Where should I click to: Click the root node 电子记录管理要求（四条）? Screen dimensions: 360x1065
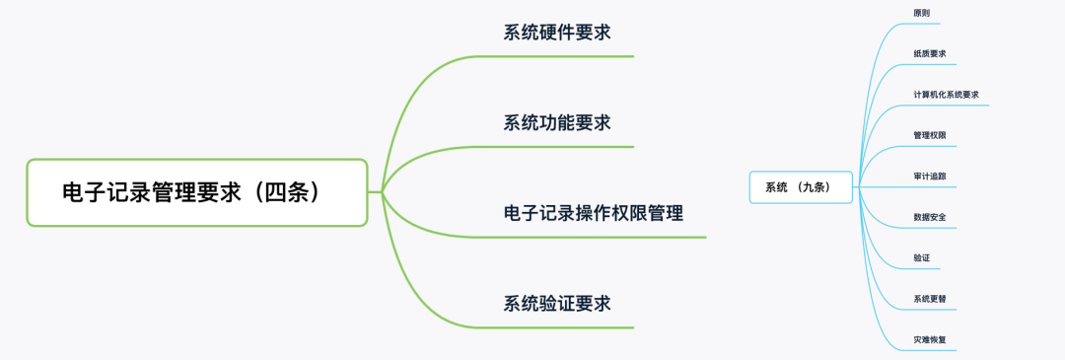[197, 192]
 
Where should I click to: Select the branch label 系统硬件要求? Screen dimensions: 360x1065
[556, 33]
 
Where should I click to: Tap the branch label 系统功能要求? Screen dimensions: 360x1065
[556, 123]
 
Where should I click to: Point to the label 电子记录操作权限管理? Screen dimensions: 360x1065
[593, 213]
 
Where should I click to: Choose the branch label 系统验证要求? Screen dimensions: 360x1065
[556, 303]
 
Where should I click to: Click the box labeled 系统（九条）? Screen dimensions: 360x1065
[801, 187]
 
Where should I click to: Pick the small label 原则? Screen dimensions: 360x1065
[922, 14]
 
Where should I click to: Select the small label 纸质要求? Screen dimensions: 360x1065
[930, 54]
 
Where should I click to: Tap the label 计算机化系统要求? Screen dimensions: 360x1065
[946, 95]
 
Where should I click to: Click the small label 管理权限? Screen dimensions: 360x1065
[930, 135]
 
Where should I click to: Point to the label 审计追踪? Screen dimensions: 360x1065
[930, 176]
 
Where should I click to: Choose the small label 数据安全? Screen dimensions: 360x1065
[930, 216]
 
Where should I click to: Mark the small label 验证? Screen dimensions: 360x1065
[922, 257]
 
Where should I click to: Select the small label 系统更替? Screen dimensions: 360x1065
[930, 298]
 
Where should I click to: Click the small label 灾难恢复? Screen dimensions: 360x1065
[930, 339]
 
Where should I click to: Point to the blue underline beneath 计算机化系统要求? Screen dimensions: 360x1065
[947, 107]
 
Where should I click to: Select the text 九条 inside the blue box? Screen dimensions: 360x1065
[815, 187]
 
